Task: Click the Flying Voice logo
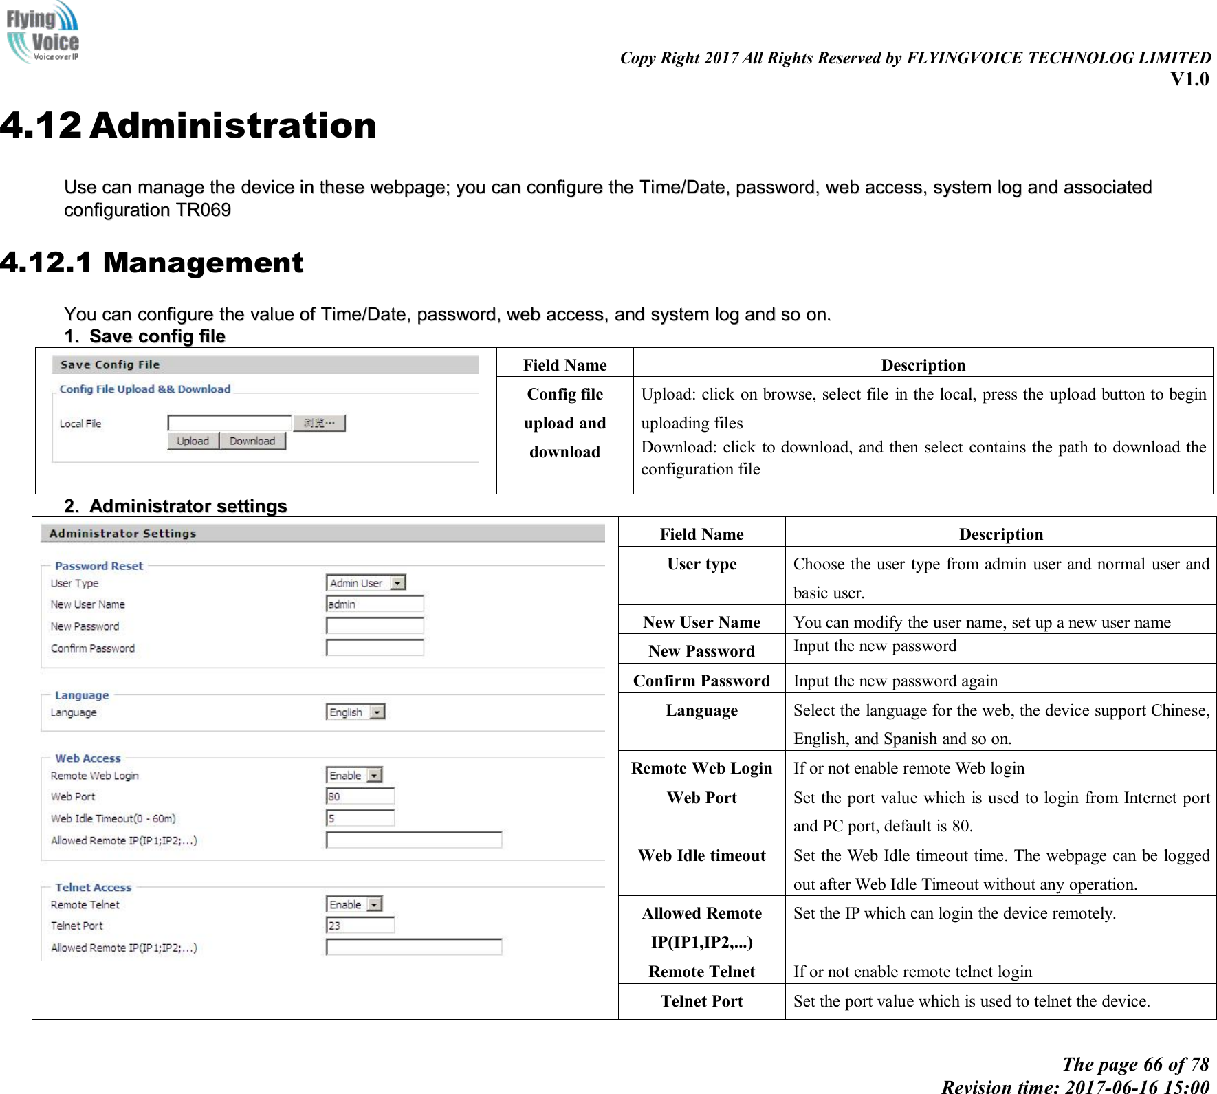tap(43, 32)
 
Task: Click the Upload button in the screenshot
tap(193, 441)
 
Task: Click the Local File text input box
tap(230, 423)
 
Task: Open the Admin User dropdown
tap(366, 583)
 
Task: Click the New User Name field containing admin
tap(375, 604)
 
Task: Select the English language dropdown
tap(355, 712)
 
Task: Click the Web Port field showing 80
tap(360, 796)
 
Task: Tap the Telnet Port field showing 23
tap(360, 926)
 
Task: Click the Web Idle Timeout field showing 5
tap(360, 818)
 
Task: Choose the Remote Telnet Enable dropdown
tap(354, 904)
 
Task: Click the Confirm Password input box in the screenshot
tap(375, 648)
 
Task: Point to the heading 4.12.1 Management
tap(152, 263)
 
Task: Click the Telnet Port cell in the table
tap(701, 1001)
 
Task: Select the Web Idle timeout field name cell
tap(701, 856)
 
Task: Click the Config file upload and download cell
tap(564, 423)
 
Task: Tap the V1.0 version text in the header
tap(1189, 79)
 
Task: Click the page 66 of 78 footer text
tap(1135, 1064)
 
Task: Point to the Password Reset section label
tap(99, 566)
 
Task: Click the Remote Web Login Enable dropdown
tap(354, 775)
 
